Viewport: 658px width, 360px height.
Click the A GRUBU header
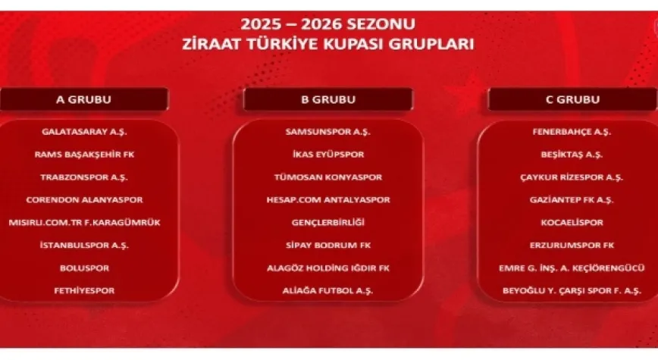(x=83, y=99)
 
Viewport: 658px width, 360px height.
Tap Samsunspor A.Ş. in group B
(x=327, y=131)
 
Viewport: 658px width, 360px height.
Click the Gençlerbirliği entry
(x=327, y=222)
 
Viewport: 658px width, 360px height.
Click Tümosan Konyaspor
(x=327, y=177)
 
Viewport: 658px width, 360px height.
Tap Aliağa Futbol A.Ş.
(x=327, y=290)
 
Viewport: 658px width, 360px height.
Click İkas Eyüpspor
(x=327, y=154)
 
